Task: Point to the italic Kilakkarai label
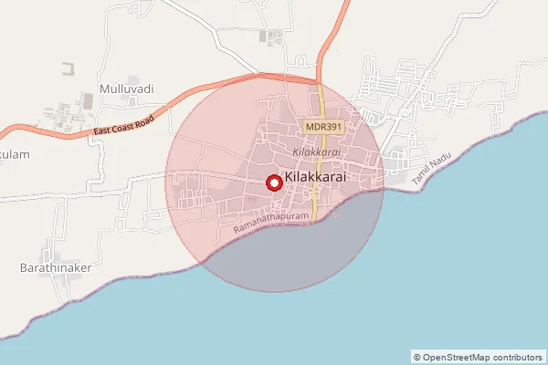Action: [316, 151]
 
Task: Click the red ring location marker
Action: [273, 183]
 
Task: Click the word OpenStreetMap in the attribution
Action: [458, 358]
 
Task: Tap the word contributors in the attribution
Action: [519, 358]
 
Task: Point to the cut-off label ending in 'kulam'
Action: [15, 154]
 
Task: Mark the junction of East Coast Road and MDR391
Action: [319, 80]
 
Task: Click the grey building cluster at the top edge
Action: [270, 37]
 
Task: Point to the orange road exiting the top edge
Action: [346, 5]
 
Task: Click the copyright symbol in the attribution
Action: [416, 358]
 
